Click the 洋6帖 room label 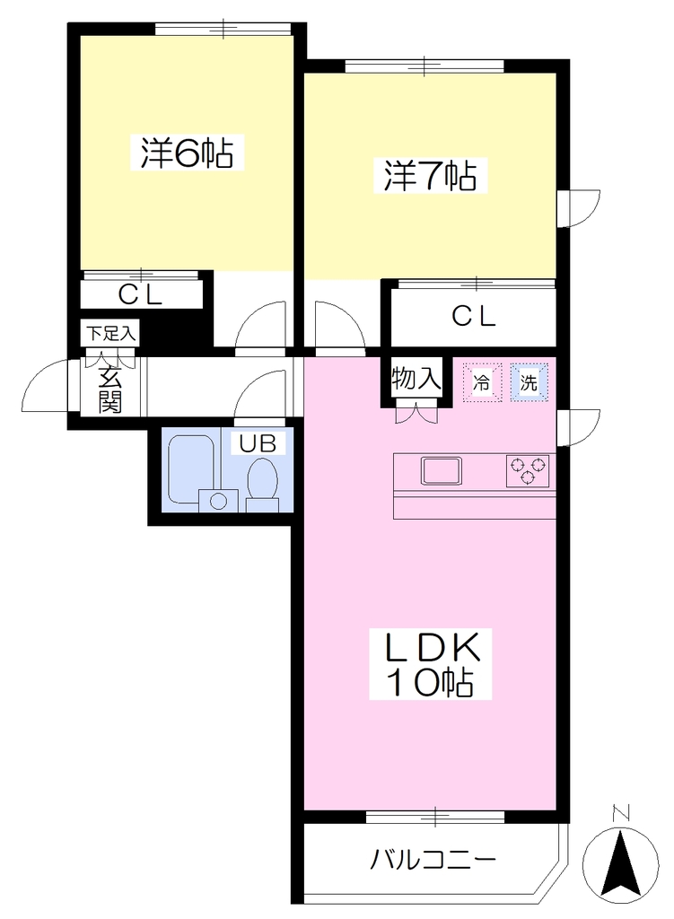187,153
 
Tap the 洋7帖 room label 430,175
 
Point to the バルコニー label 433,860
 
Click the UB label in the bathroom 258,442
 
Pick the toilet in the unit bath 263,484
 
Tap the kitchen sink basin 441,470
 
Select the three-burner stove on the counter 528,470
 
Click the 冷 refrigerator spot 482,382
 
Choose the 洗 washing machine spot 529,382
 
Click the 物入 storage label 416,379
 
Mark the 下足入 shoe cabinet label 110,334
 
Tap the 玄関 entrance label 110,389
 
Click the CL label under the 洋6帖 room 140,294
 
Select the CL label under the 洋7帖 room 474,317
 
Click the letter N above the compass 620,813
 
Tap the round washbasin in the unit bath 219,501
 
